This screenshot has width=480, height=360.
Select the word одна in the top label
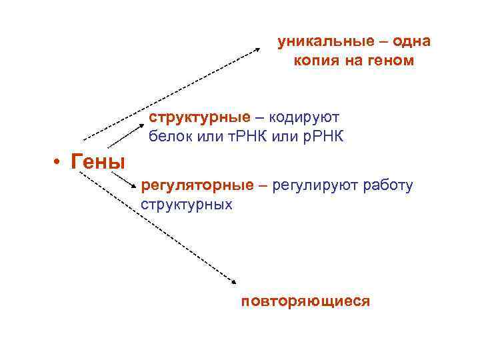pyautogui.click(x=411, y=41)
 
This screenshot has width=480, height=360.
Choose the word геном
pyautogui.click(x=393, y=61)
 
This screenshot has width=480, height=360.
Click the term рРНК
pyautogui.click(x=321, y=137)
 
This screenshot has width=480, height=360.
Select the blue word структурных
pyautogui.click(x=187, y=204)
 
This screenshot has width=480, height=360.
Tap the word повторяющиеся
pyautogui.click(x=305, y=301)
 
